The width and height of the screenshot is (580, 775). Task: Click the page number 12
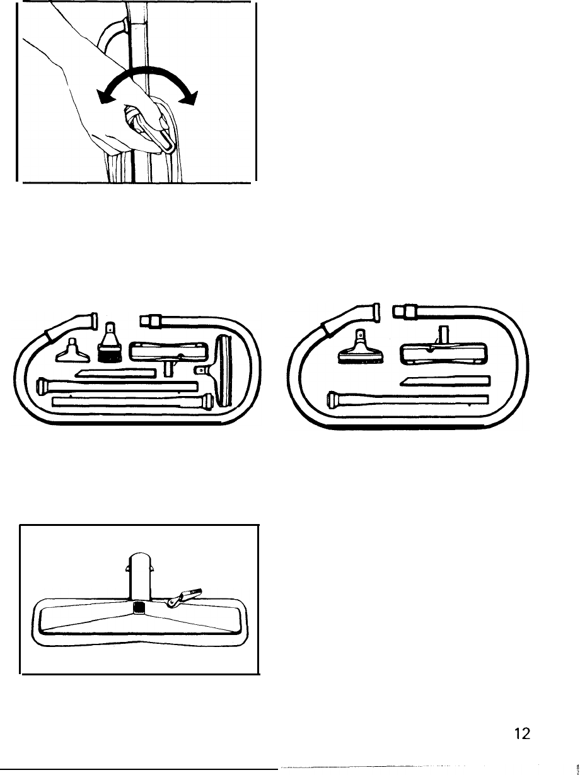click(522, 733)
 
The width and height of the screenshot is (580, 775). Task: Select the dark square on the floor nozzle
click(139, 607)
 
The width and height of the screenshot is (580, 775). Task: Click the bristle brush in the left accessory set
click(110, 349)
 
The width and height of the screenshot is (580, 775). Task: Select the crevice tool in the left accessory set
click(115, 375)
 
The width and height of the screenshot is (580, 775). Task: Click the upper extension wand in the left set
click(117, 385)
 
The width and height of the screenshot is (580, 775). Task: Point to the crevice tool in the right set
click(444, 380)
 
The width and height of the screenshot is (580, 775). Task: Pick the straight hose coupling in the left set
click(151, 319)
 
